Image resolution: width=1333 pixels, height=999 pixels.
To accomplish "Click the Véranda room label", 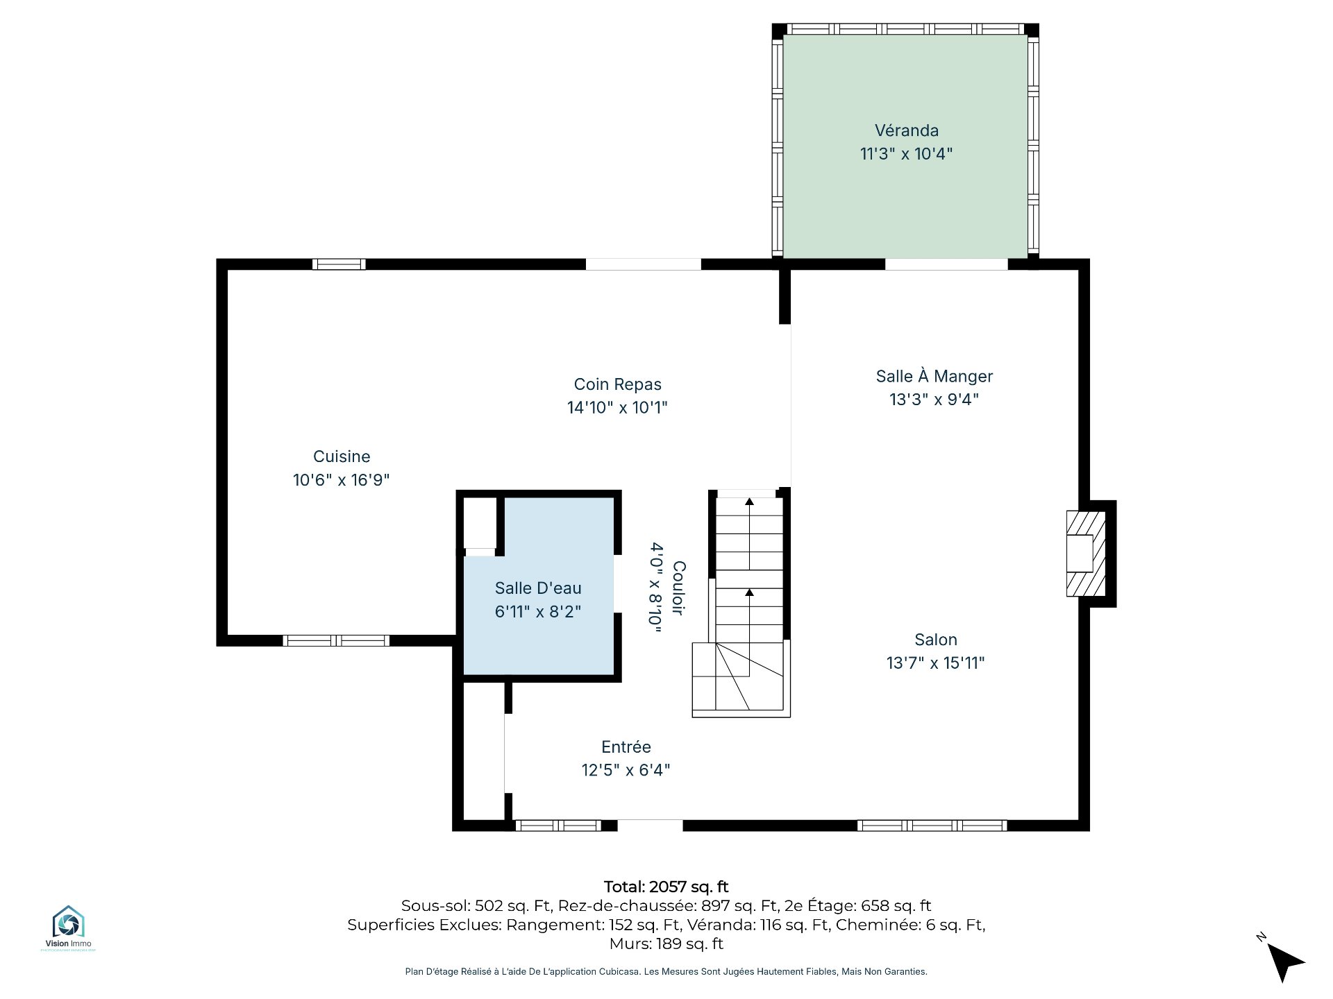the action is pos(906,130).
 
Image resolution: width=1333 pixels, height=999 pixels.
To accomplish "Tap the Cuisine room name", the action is pos(342,456).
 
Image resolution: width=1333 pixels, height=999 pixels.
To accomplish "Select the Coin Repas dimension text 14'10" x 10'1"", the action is pos(617,407).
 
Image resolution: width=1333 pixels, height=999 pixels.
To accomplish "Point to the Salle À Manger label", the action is pos(934,376).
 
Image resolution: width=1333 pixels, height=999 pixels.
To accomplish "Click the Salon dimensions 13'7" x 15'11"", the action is pos(935,663).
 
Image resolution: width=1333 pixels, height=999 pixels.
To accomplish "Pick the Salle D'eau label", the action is pos(538,588).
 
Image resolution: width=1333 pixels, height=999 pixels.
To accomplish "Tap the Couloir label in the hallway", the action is pos(679,588).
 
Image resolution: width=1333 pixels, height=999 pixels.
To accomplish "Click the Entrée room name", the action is pos(626,746).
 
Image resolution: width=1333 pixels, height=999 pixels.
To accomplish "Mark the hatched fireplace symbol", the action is pos(1086,554).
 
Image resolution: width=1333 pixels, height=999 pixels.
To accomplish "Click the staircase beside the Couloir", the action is pos(741,604).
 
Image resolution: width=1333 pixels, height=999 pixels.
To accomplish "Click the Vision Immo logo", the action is pos(68,928).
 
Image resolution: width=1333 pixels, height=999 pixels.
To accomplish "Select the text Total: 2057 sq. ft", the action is pos(666,887).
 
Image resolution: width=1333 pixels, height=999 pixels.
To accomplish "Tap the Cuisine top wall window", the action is pos(339,264).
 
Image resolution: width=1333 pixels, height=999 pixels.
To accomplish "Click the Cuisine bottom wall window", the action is pos(336,640).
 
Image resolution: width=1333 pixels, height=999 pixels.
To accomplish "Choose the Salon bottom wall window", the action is pos(932,826).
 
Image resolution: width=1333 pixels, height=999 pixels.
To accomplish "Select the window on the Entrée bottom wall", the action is pos(558,826).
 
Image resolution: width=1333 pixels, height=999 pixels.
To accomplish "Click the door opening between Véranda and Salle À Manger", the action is pos(946,264).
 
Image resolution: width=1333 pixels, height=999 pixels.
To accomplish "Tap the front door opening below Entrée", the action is pos(650,826).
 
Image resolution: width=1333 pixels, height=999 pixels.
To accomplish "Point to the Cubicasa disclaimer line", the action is pos(666,971).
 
